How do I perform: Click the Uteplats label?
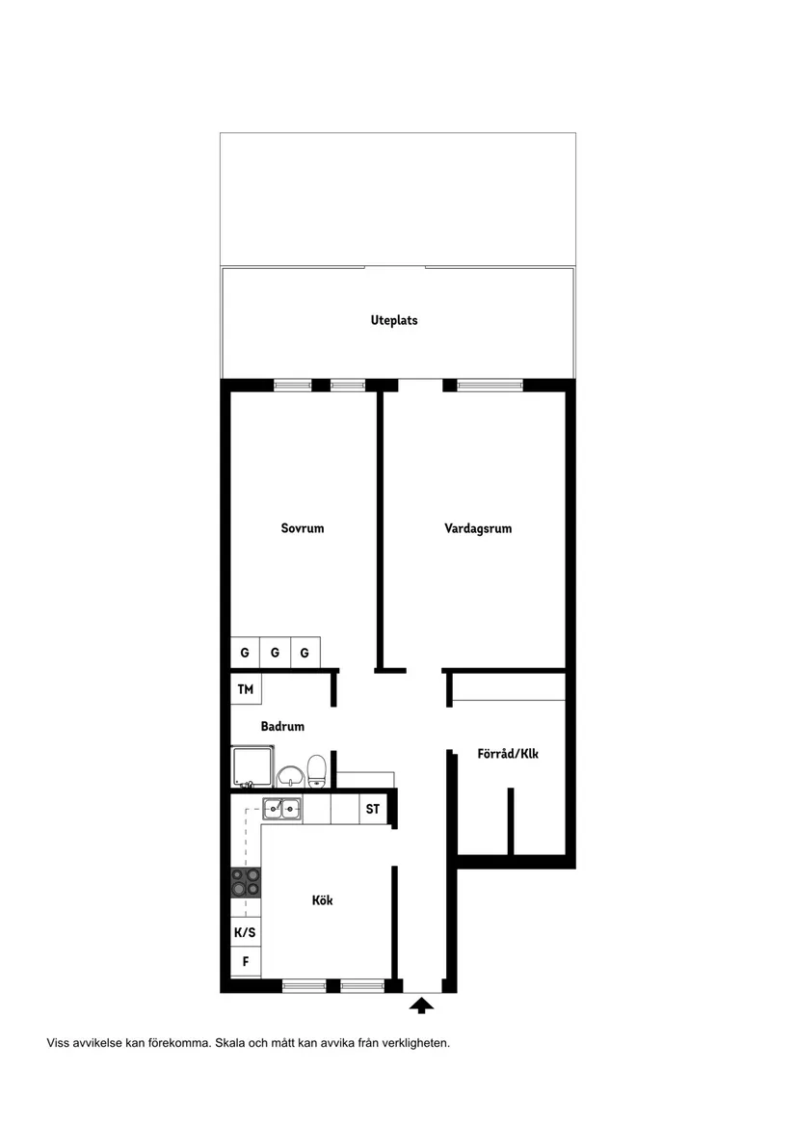(394, 320)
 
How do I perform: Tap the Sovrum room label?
(303, 528)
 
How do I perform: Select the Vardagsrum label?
(478, 528)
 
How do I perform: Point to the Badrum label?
(282, 727)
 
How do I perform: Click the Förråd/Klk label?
(508, 753)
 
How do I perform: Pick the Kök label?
(323, 900)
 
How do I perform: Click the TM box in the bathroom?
(245, 689)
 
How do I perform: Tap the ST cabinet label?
(372, 809)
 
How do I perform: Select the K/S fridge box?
(245, 932)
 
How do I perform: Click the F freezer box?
(245, 961)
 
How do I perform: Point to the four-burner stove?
(245, 881)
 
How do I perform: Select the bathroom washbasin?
(289, 775)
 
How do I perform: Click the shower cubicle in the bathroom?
(251, 767)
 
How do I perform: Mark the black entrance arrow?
(421, 1005)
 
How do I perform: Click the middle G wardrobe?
(275, 653)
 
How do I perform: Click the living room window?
(490, 386)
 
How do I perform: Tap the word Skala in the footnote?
(231, 1042)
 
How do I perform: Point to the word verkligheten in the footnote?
(415, 1042)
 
